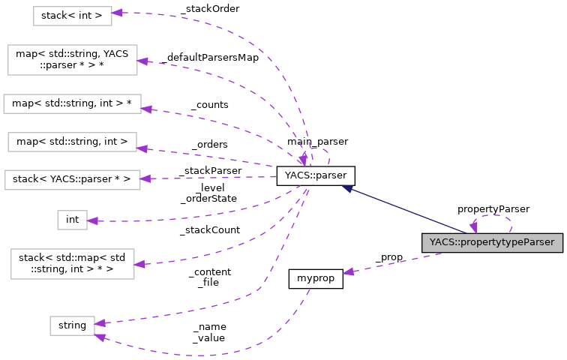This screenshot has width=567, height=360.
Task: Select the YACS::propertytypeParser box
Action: pos(491,242)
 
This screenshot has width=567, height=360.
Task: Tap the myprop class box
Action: pos(316,278)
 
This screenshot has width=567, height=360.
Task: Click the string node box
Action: pos(72,325)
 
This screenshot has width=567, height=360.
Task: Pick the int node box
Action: pos(72,219)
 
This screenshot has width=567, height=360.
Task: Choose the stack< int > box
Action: pos(72,15)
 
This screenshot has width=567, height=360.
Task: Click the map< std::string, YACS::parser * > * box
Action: pos(72,60)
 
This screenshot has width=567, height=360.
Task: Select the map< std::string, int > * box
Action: pos(72,103)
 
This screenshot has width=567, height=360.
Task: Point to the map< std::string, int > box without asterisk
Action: pos(72,140)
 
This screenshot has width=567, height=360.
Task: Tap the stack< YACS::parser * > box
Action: pos(72,179)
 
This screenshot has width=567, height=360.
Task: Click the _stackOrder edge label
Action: pos(209,9)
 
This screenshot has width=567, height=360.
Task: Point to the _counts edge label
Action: pos(209,105)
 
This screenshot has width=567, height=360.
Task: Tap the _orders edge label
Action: pos(209,144)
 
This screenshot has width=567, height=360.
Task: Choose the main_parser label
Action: pos(316,141)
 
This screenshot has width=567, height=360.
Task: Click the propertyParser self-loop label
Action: pos(493,208)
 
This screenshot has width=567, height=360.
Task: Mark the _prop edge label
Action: pos(388,257)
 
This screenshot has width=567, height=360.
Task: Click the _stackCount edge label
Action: pos(209,229)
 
